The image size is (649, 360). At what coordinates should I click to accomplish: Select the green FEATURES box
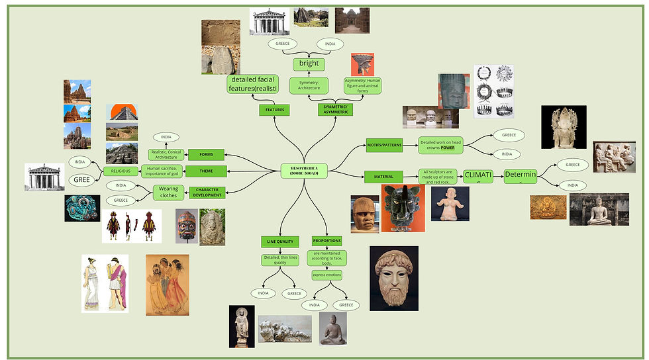click(275, 110)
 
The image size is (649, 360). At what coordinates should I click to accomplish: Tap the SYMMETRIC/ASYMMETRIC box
click(335, 109)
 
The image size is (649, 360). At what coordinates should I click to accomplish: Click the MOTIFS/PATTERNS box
click(385, 144)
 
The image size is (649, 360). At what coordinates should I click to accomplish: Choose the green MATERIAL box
click(383, 177)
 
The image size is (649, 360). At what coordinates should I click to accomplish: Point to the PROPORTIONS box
click(327, 241)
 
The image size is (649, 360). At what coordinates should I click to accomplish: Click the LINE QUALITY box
click(279, 242)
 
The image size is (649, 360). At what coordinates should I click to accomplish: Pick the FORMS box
click(206, 155)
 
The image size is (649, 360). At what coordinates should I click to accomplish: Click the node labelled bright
click(309, 64)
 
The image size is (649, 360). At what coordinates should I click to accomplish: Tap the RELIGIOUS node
click(121, 171)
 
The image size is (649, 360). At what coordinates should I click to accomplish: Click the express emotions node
click(327, 274)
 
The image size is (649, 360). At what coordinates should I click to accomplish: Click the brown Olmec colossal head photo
click(365, 213)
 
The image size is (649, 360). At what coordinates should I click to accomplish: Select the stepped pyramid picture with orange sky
click(121, 112)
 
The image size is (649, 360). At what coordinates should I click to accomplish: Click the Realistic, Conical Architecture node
click(167, 155)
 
